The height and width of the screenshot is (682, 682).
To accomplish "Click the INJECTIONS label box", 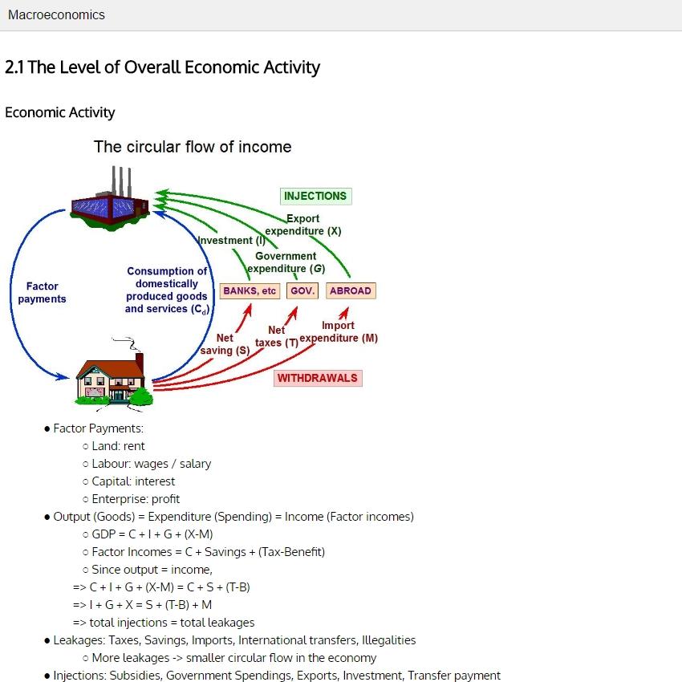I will click(315, 196).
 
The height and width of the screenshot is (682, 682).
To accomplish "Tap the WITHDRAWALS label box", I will click(317, 378).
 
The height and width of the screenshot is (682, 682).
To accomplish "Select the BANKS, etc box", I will click(250, 290).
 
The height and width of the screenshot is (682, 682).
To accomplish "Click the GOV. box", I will click(302, 290).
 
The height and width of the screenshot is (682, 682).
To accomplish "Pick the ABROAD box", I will click(351, 290).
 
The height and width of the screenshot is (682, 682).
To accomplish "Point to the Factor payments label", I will click(42, 292).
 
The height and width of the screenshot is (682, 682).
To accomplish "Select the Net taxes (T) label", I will click(276, 336).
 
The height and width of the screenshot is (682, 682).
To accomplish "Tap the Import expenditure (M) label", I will click(338, 331).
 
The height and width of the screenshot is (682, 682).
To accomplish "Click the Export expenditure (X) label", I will click(302, 225).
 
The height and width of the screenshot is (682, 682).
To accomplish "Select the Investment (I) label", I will click(232, 241).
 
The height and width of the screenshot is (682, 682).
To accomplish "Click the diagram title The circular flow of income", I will click(193, 147).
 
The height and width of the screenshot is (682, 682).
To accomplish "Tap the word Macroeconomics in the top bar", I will click(56, 14).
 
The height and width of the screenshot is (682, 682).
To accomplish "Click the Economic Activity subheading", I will click(60, 112).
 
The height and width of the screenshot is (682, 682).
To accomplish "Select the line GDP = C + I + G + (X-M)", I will click(152, 534).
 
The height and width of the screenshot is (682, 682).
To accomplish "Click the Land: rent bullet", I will click(118, 446).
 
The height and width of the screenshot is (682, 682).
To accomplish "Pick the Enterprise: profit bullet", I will click(136, 499).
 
